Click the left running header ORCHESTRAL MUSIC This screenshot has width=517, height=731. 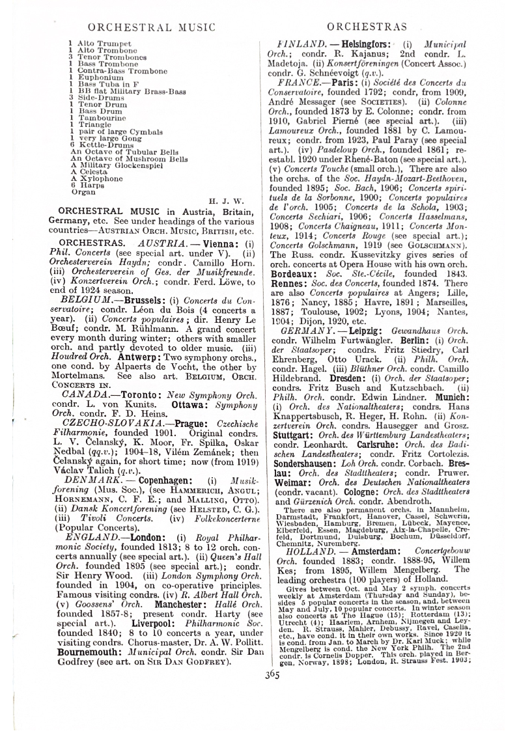(x=151, y=27)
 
